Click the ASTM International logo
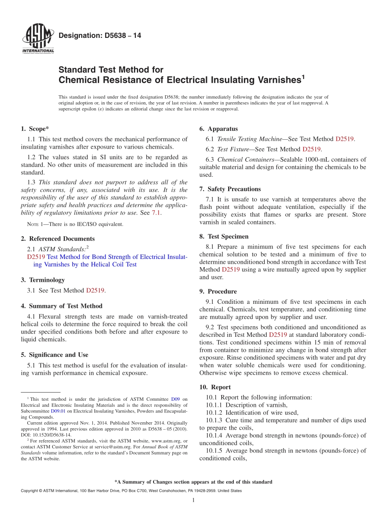[38, 39]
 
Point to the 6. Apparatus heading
[218, 129]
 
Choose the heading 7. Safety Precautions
[230, 189]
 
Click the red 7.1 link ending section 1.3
[157, 213]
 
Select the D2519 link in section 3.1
[95, 290]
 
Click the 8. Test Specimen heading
[224, 236]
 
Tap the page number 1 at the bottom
[193, 500]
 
